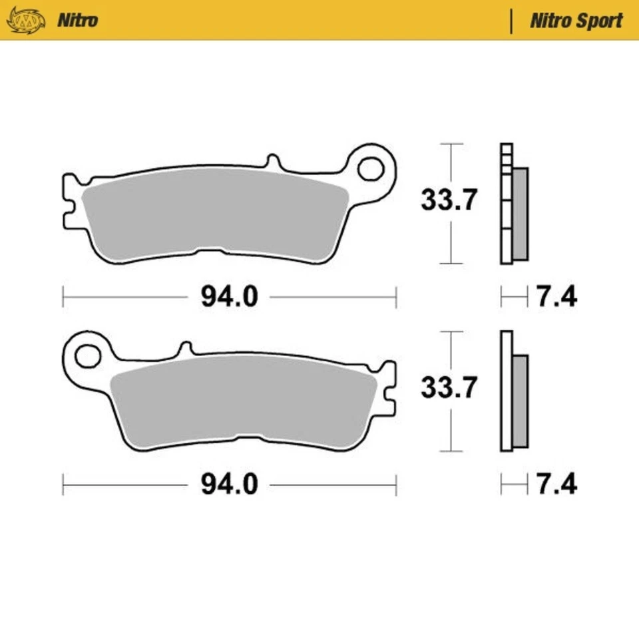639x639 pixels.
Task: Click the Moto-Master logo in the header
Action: tap(26, 20)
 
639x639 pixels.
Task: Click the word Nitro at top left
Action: tap(77, 20)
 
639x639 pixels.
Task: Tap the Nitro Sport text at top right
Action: tap(576, 21)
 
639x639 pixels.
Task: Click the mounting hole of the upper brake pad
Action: tap(371, 168)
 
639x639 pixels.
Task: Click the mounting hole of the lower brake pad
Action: tap(87, 356)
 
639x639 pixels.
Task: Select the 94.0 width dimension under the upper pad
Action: tap(229, 298)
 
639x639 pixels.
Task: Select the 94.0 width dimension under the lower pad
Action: tap(229, 485)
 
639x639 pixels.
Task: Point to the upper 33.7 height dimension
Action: tap(449, 200)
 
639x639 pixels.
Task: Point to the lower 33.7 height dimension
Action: tap(449, 387)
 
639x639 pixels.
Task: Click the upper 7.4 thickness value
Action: tap(556, 298)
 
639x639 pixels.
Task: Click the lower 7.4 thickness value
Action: tap(556, 485)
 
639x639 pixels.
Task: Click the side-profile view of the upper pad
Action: tap(514, 203)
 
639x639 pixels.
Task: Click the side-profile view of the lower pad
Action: tap(514, 393)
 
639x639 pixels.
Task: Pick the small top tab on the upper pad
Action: tap(272, 162)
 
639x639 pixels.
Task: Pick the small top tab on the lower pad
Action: tap(186, 348)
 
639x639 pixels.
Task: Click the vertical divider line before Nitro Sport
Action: tap(511, 21)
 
